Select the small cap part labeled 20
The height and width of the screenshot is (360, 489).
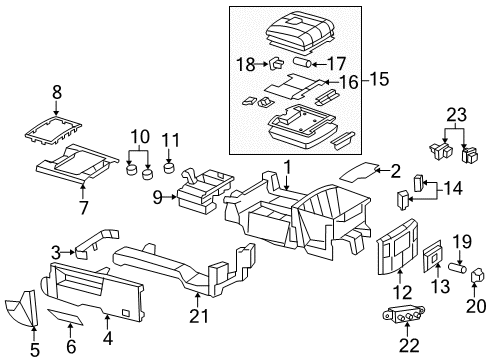click(x=476, y=272)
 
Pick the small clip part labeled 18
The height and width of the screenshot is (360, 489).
click(x=273, y=63)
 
